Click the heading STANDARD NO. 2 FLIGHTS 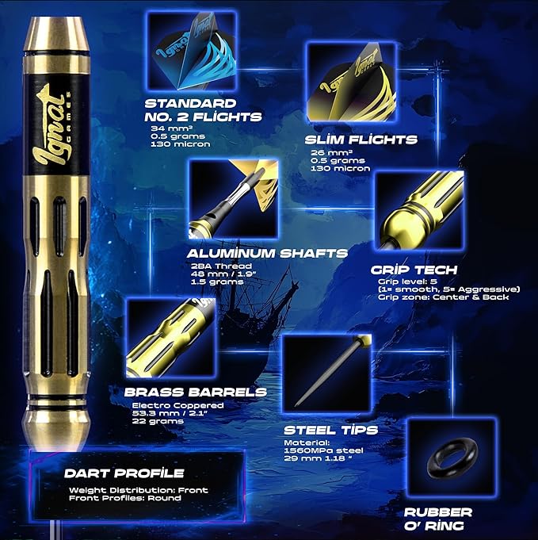coord(203,110)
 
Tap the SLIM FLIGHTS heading coord(361,140)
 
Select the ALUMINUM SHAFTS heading coord(268,254)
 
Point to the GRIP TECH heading coord(414,270)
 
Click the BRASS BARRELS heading coord(196,392)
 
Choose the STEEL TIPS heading coord(330,430)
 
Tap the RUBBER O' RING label coord(438,519)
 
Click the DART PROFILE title coord(124,473)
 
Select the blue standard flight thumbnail coord(192,51)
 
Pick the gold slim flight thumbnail coord(351,82)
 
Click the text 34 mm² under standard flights coord(171,128)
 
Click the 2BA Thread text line coord(221,266)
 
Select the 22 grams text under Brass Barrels coord(158,421)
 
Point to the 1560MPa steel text coord(323,450)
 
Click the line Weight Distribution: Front coord(139,490)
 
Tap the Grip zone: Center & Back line coord(444,297)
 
